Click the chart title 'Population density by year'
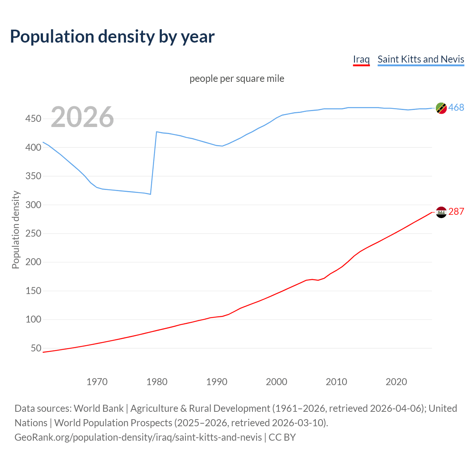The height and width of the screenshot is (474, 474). click(112, 37)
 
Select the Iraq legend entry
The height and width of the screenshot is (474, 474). click(361, 59)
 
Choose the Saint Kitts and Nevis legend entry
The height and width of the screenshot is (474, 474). click(421, 59)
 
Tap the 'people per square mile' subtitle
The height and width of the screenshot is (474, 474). click(237, 79)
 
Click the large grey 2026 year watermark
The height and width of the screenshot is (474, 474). click(82, 117)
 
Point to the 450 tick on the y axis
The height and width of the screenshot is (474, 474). click(33, 119)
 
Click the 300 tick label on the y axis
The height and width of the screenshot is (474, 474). click(33, 205)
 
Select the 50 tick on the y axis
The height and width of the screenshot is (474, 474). click(36, 348)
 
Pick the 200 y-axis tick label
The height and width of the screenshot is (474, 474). click(33, 262)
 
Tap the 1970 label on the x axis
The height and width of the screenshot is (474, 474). click(97, 382)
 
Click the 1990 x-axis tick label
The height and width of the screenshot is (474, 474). click(217, 382)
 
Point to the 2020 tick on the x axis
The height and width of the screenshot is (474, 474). click(396, 382)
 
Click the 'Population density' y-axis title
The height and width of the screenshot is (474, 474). click(16, 230)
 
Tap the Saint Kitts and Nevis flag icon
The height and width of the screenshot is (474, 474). click(441, 108)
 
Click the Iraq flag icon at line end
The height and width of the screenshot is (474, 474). click(441, 212)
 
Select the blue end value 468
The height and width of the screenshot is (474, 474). click(456, 108)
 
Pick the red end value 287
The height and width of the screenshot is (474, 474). click(456, 212)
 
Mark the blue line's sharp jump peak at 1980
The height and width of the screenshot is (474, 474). click(157, 132)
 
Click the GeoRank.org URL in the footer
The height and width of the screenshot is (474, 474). click(138, 437)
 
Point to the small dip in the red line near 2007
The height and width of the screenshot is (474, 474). click(318, 280)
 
